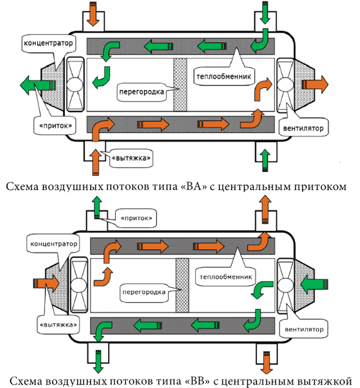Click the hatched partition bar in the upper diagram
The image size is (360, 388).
coord(179,86)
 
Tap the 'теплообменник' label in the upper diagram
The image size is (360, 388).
coord(225,74)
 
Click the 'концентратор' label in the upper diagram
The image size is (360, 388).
coord(42,43)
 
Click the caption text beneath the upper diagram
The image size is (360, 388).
coord(179,186)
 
